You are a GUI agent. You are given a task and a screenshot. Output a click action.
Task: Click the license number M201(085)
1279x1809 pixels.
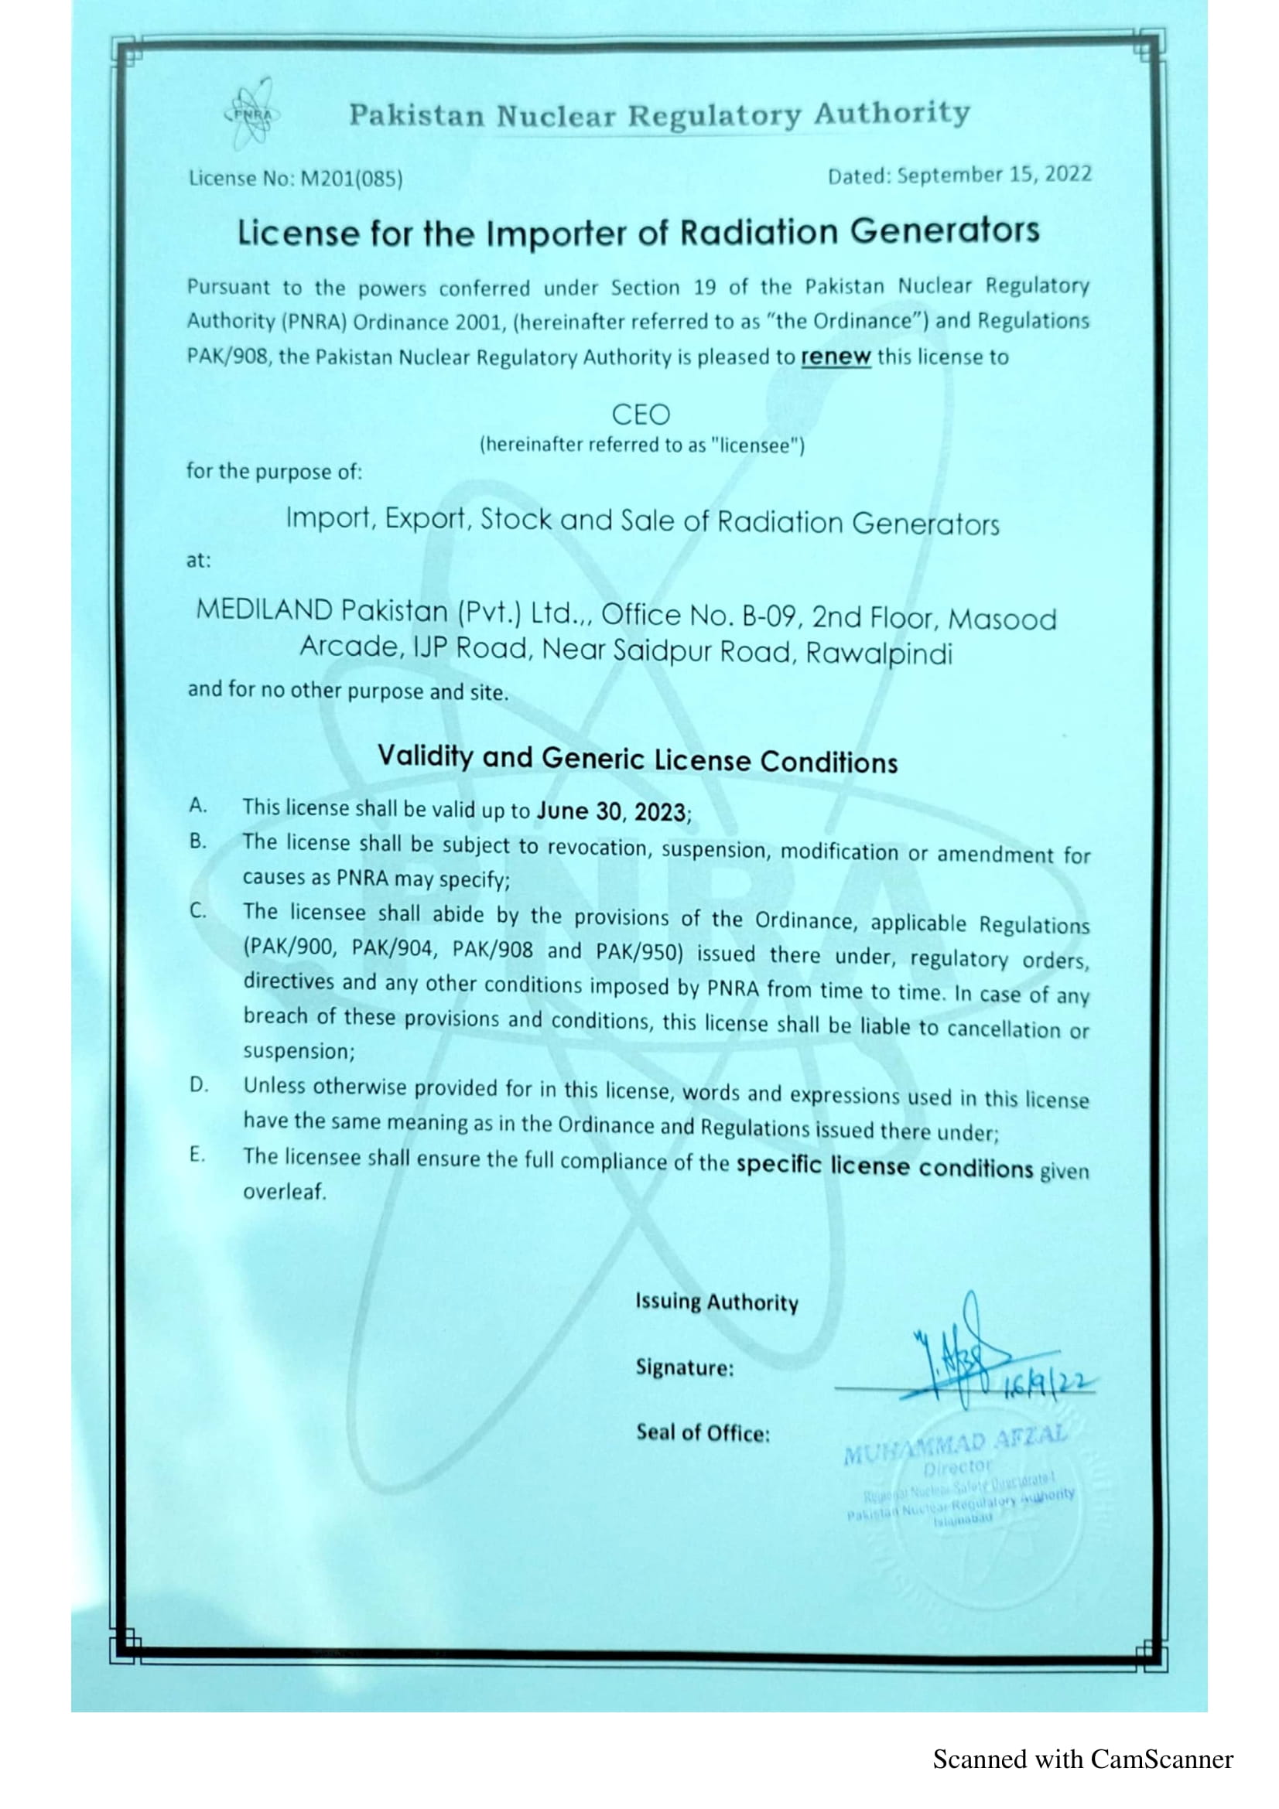coord(351,179)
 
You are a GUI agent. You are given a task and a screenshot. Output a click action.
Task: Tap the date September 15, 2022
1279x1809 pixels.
coord(994,174)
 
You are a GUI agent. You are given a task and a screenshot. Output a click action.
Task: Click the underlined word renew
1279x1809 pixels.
coord(836,357)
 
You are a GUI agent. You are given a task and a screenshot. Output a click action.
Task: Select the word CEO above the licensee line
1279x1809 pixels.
coord(640,415)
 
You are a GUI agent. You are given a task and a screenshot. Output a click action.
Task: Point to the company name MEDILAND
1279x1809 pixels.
coord(264,609)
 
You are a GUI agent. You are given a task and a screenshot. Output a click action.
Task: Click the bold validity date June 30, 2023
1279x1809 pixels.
coord(611,811)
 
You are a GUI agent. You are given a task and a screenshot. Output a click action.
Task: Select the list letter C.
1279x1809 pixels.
coord(197,911)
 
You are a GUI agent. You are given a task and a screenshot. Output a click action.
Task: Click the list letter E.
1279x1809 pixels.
coord(197,1155)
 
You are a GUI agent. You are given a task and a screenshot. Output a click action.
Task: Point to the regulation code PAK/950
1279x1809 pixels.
coord(638,952)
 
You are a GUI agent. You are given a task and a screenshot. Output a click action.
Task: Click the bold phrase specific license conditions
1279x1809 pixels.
coord(884,1167)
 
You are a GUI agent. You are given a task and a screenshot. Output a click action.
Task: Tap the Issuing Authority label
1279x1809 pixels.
coord(716,1302)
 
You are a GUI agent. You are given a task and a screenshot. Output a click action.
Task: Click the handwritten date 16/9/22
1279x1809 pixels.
coord(1048,1384)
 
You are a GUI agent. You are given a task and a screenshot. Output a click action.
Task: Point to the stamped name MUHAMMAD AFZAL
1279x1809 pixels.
coord(955,1444)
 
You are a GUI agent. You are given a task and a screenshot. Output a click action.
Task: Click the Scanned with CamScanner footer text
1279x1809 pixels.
coord(1082,1760)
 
